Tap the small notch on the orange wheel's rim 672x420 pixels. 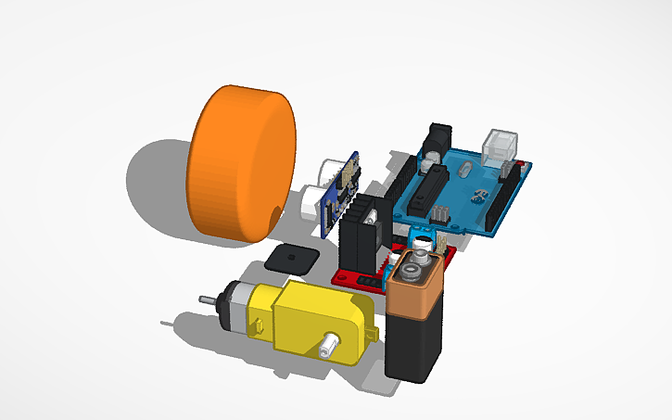[273, 215]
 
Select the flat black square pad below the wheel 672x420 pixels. [288, 257]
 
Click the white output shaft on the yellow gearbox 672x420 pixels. [328, 349]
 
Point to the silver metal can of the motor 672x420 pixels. [236, 307]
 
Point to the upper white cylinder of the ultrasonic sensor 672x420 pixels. [329, 171]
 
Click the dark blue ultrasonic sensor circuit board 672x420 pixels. [343, 190]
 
